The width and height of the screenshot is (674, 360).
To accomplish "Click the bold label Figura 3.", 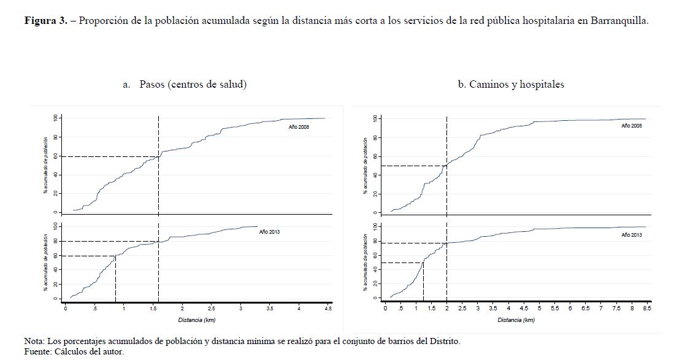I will [x=46, y=20].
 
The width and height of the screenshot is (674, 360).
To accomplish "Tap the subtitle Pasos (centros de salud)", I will [x=193, y=85].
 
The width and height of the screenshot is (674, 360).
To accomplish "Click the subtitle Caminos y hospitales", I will [x=516, y=85].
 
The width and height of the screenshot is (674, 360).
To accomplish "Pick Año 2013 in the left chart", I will [x=269, y=232].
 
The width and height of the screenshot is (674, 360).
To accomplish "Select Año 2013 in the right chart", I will [x=631, y=235].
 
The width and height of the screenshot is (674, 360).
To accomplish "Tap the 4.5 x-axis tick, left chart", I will [x=328, y=308].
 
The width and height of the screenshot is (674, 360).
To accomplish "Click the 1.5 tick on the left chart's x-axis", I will [x=153, y=308].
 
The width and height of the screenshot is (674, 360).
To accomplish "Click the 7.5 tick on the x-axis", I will [x=616, y=308].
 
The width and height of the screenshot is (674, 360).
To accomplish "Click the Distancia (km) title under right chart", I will [x=516, y=320].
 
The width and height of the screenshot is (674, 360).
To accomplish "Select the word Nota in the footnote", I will [x=34, y=340].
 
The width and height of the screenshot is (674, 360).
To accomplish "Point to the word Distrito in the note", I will [x=442, y=340].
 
